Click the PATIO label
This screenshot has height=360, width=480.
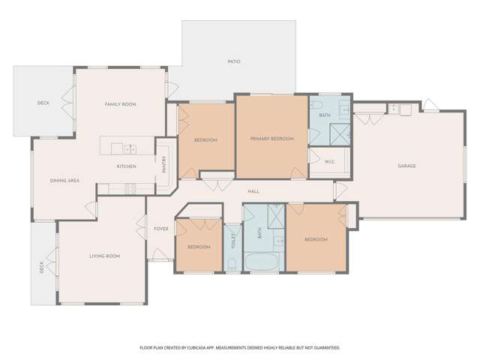pos(234,61)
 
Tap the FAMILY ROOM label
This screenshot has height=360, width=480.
pos(120,104)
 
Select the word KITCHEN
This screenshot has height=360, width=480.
pos(125,166)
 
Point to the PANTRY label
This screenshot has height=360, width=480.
pos(164,164)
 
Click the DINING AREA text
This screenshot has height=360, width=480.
pos(64,181)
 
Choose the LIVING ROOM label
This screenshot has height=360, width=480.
pos(104,256)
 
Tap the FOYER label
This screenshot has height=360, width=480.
pos(160,229)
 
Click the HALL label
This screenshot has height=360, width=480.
pos(253,191)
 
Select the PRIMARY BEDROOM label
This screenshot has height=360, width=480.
pos(271,139)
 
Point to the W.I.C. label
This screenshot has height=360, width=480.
pos(330,162)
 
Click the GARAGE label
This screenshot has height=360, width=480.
pos(406,166)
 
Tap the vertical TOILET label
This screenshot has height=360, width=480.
pos(233,241)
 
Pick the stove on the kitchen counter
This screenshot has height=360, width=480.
pos(128,188)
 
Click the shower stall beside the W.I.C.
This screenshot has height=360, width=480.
pos(341,135)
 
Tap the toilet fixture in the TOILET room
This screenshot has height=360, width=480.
pos(232,262)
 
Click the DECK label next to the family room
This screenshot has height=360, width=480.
pos(43,103)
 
